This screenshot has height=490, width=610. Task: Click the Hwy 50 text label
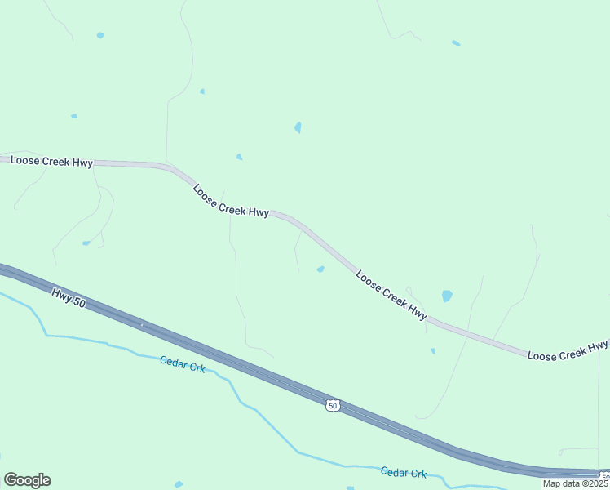click(x=68, y=297)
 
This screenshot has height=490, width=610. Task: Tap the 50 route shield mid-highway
click(x=332, y=405)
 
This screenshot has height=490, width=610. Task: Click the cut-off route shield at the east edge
click(x=605, y=476)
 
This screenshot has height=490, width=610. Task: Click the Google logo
click(x=27, y=480)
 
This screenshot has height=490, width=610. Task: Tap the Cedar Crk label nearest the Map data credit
click(x=404, y=472)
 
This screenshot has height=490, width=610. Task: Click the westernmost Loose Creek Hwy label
click(x=51, y=162)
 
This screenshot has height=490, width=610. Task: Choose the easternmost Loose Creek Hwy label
click(x=568, y=350)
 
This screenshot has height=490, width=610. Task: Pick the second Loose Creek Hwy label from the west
click(x=231, y=200)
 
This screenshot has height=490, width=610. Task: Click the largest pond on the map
click(x=446, y=296)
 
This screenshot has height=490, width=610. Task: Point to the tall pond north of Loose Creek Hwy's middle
click(x=298, y=127)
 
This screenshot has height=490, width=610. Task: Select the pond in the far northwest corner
click(x=100, y=35)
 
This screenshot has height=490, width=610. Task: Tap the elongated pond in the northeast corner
click(x=456, y=42)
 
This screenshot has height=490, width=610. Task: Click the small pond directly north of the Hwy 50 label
click(x=86, y=243)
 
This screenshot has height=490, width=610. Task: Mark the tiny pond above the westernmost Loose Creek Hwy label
click(x=74, y=116)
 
